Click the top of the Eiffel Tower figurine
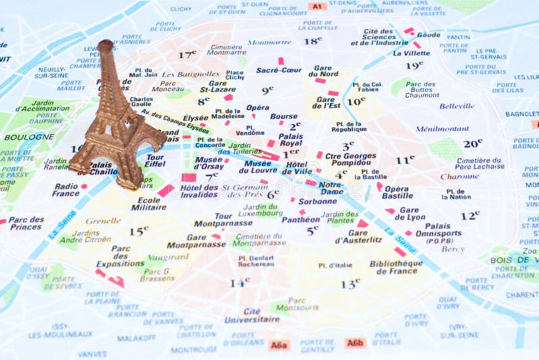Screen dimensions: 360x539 coord(106,45)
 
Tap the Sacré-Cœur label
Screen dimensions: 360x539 coord(279,70)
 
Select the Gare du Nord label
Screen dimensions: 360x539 coord(324,71)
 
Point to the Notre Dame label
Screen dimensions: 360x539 coord(330,187)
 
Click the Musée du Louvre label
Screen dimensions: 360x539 coord(258,167)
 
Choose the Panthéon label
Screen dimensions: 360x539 coord(300,219)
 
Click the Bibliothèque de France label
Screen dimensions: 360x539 coord(396,267)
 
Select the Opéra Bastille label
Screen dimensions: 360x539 coord(397,192)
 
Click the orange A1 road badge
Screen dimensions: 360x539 coord(317,7)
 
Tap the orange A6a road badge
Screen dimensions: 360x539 coord(279,344)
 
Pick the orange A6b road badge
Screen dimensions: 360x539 coord(355,342)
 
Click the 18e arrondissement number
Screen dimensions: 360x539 coord(312,41)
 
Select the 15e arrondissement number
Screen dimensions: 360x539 coord(139,231)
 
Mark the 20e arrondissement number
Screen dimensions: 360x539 coord(472,144)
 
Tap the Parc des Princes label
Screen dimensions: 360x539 coord(26,223)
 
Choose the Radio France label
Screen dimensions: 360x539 coord(66,189)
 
